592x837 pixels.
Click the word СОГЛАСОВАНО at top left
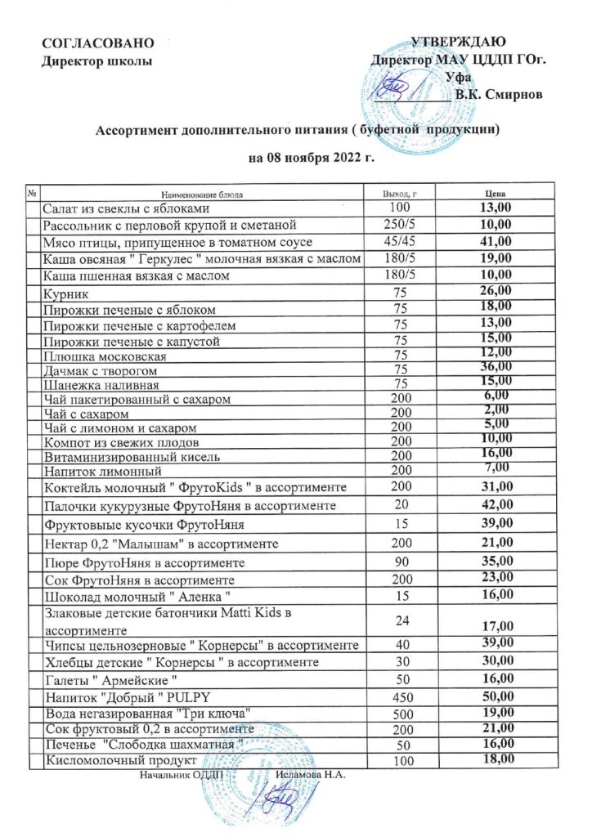[86, 42]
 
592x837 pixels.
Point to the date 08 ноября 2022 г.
[311, 157]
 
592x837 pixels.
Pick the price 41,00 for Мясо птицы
[495, 242]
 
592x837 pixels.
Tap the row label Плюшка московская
[100, 356]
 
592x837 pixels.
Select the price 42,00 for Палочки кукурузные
[495, 505]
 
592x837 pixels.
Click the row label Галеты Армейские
[110, 680]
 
